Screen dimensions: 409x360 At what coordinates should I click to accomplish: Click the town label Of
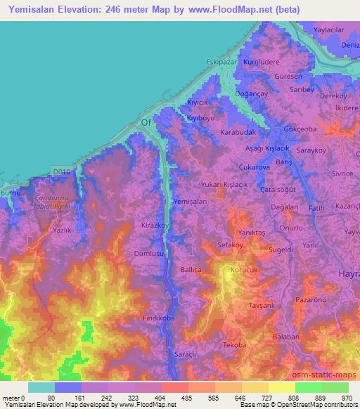point(147,122)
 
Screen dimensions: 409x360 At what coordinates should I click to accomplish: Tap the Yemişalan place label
point(190,201)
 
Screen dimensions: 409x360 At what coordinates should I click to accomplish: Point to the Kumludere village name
point(262,62)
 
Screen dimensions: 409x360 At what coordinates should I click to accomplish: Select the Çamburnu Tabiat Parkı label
point(50,202)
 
